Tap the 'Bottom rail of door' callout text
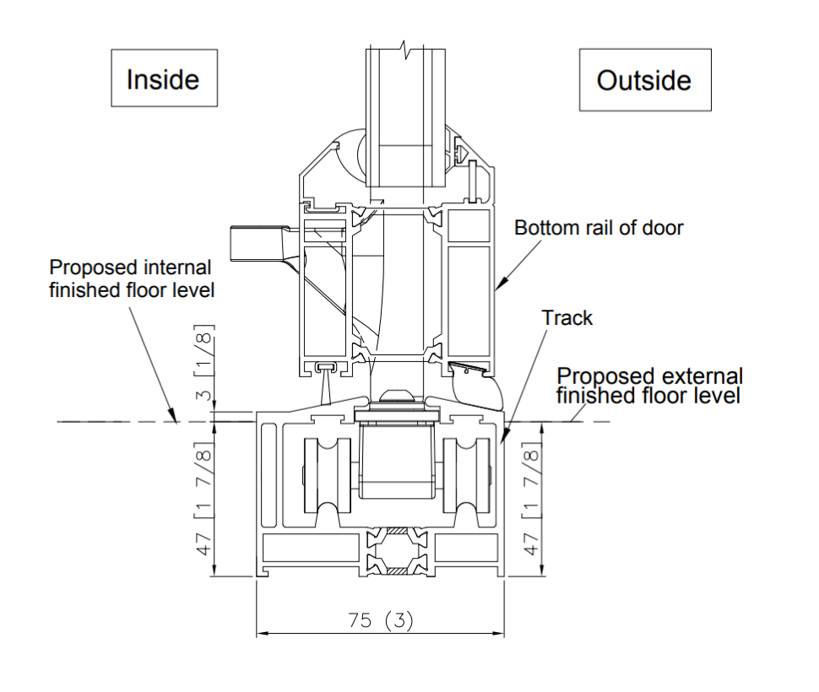coord(599,228)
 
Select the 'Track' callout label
coord(567,318)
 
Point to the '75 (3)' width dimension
coord(380,620)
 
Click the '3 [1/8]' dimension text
coord(204,363)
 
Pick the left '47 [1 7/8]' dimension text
coord(204,499)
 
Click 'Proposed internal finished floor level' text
coord(132,278)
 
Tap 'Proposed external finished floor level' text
coord(648,386)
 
